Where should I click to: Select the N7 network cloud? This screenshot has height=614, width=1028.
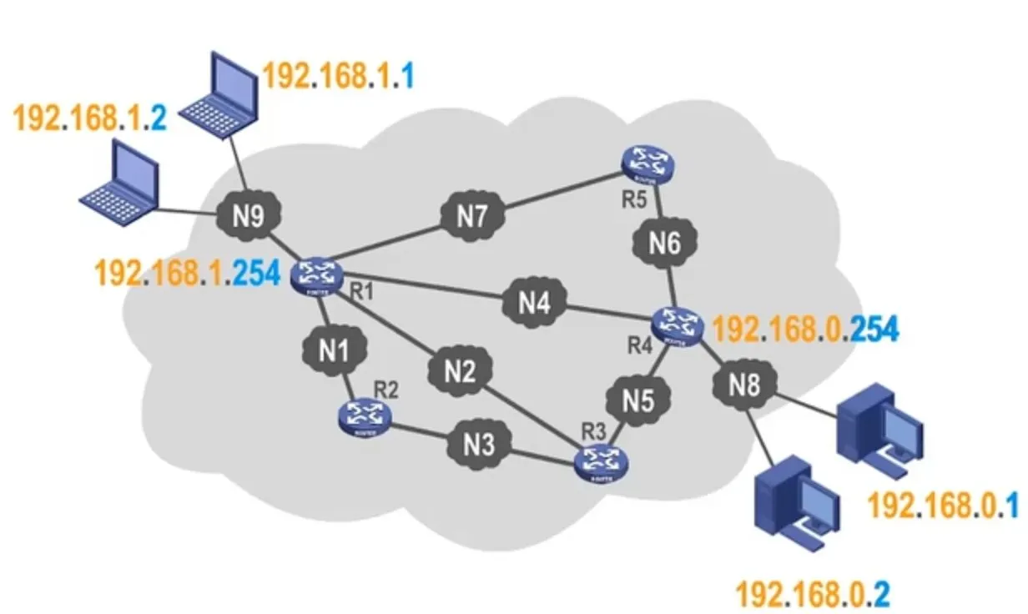pyautogui.click(x=471, y=218)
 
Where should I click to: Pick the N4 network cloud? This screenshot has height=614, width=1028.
pyautogui.click(x=533, y=303)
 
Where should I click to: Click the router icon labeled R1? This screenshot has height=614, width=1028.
pyautogui.click(x=317, y=276)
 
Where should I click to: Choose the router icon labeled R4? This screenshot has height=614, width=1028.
pyautogui.click(x=678, y=327)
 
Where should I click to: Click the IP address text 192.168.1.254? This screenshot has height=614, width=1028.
pyautogui.click(x=188, y=274)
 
